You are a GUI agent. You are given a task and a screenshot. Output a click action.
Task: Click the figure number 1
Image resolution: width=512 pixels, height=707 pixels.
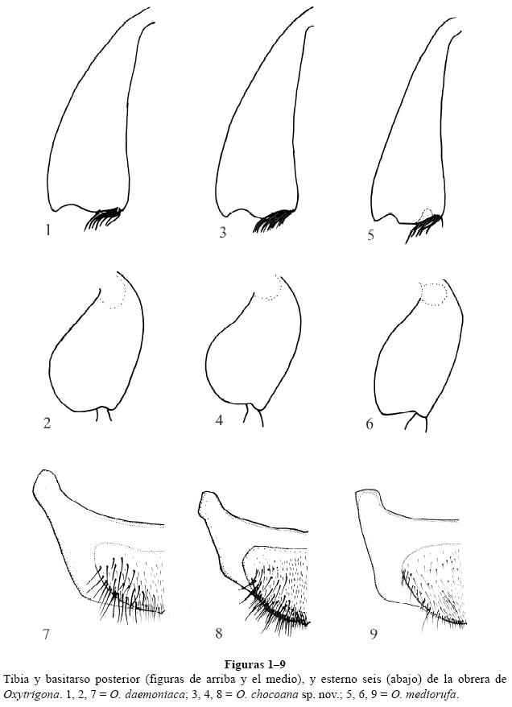point(47,230)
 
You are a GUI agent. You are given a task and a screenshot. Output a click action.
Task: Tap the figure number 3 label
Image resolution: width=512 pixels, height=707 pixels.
point(223,233)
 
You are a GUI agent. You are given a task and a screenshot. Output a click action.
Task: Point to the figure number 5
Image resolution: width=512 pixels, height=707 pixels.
point(370,235)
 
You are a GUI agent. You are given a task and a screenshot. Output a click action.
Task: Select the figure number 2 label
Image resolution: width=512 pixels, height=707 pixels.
point(47,423)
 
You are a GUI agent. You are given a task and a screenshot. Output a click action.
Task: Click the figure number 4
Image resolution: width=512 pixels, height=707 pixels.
point(220,420)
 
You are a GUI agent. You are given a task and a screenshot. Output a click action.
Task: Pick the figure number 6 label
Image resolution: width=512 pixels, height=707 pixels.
point(370,424)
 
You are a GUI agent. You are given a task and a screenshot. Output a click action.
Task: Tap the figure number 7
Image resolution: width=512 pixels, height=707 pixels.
point(46,634)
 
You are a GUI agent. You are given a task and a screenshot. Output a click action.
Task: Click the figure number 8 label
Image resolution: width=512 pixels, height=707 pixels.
point(219,633)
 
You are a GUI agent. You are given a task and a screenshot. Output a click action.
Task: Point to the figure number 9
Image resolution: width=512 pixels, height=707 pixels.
point(374,634)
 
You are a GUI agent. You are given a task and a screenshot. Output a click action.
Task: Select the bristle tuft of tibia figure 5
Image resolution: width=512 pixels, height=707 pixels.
point(423,226)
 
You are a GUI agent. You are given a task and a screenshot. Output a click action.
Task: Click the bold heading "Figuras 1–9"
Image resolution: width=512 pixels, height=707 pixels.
point(255,664)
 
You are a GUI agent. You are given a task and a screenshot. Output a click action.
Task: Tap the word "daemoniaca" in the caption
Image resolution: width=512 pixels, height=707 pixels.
point(142,693)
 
